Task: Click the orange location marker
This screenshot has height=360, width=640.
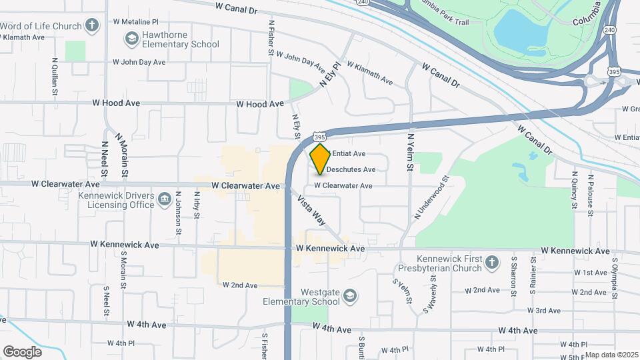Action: pyautogui.click(x=320, y=159)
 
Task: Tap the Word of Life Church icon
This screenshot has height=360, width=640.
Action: pyautogui.click(x=92, y=27)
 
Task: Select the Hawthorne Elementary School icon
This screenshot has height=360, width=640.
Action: pyautogui.click(x=131, y=39)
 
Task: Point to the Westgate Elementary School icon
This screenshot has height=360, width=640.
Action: pyautogui.click(x=351, y=296)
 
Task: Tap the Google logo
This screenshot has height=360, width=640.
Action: pyautogui.click(x=22, y=352)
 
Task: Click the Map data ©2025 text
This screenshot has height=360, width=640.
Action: pyautogui.click(x=611, y=355)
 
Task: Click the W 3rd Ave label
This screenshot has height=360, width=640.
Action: pyautogui.click(x=543, y=311)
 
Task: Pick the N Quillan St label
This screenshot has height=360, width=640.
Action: pyautogui.click(x=54, y=77)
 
